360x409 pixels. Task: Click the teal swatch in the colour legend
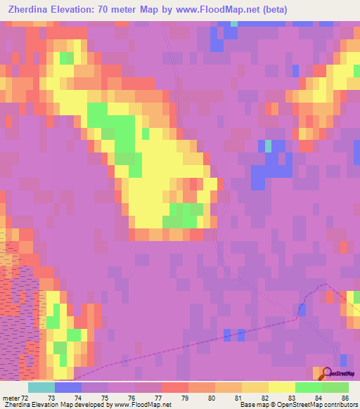point(41,387)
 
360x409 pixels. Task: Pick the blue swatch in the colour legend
point(68,387)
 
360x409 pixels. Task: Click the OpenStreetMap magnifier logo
point(326,373)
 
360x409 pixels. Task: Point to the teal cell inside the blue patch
point(268,146)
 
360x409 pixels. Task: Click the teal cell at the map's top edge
point(233,24)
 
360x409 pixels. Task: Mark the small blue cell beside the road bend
point(302,309)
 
